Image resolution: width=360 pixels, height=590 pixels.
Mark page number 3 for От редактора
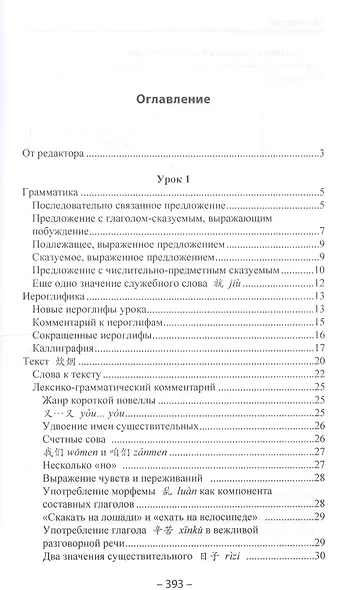pyautogui.click(x=323, y=154)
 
